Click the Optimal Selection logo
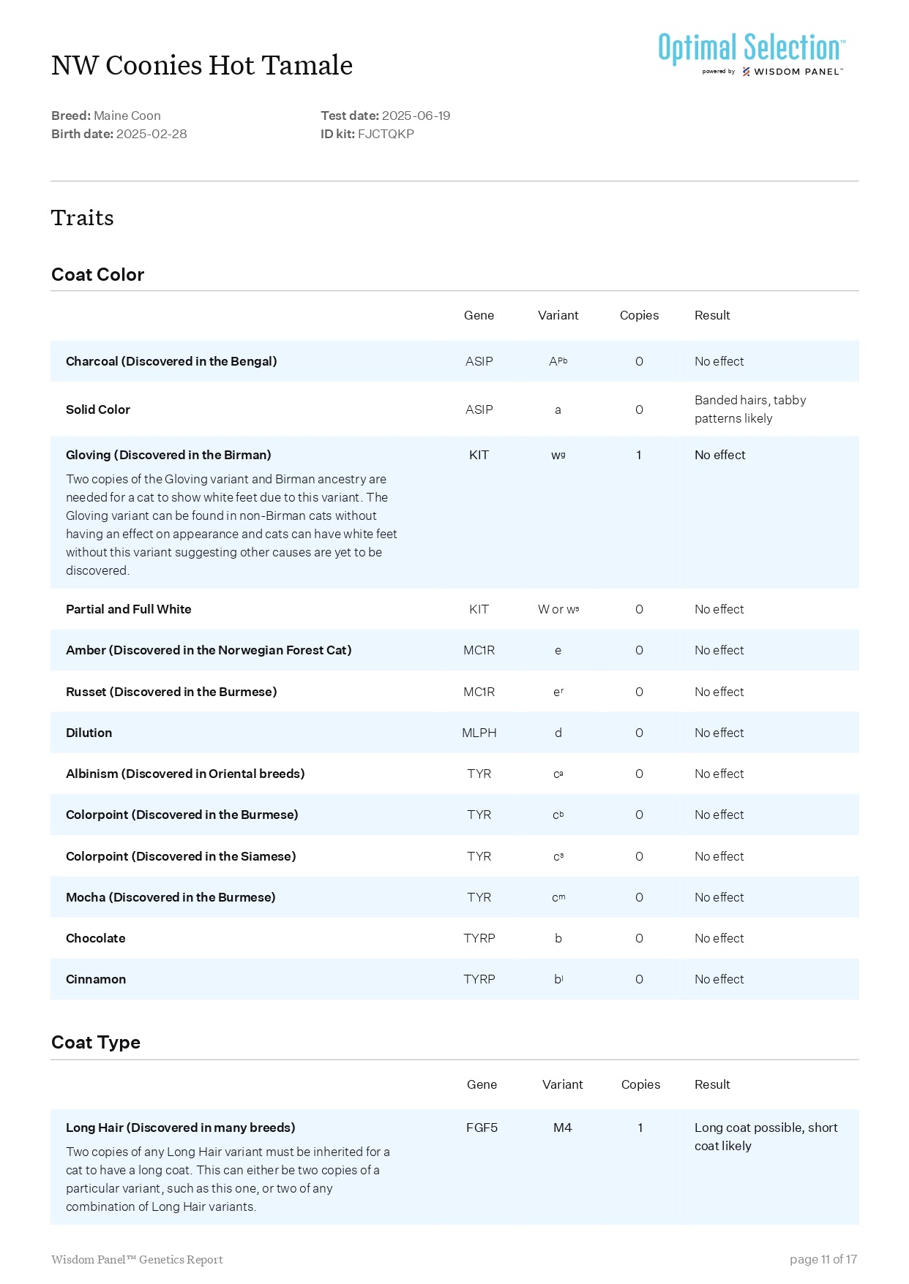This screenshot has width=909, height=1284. point(752,53)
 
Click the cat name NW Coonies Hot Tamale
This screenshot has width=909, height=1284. point(202,66)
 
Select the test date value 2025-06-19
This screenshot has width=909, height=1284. point(416,116)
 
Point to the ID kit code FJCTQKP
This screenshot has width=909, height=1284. point(386,134)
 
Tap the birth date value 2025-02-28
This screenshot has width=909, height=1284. point(151,134)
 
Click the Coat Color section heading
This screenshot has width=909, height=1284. point(98,275)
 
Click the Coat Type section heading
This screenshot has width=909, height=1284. point(96,1043)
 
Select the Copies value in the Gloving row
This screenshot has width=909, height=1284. point(639,455)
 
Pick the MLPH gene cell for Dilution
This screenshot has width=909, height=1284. point(479,733)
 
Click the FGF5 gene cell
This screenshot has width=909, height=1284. point(482,1128)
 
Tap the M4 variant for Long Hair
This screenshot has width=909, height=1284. point(562,1128)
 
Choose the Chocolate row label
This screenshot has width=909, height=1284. point(96,938)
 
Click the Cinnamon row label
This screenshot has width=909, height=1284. point(96,979)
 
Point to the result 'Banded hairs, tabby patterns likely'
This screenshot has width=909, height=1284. point(749,409)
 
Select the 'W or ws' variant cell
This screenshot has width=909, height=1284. point(558,609)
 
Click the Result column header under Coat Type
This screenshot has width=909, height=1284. point(712,1084)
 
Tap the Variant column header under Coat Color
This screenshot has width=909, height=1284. point(558,315)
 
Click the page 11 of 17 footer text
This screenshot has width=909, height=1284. point(823,1259)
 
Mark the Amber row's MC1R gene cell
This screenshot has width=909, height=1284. point(479,650)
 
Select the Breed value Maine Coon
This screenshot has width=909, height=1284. point(127,116)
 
